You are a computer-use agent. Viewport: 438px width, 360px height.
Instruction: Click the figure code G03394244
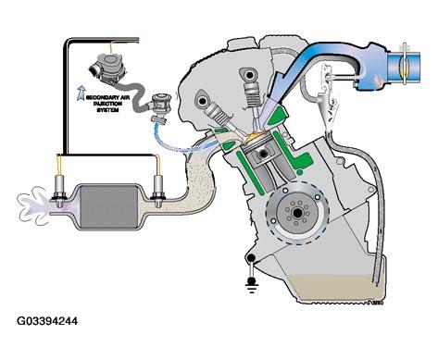click(x=47, y=321)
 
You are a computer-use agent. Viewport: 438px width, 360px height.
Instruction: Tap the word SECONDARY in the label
click(x=99, y=97)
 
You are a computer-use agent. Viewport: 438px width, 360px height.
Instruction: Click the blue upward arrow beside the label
click(x=81, y=93)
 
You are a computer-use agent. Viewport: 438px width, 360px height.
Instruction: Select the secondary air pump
click(x=107, y=68)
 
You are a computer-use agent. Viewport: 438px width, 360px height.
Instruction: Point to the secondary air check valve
click(x=160, y=106)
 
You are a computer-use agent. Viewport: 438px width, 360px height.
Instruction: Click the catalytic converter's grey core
click(x=108, y=207)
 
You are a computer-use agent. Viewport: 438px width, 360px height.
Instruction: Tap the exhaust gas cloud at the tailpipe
click(x=32, y=205)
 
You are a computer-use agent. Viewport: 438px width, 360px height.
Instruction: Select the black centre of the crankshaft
click(x=298, y=213)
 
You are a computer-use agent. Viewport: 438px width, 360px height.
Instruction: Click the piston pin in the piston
click(x=263, y=154)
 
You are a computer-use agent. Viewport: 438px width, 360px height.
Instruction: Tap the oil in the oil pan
click(x=335, y=287)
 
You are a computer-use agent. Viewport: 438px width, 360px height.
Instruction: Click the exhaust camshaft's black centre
click(x=203, y=101)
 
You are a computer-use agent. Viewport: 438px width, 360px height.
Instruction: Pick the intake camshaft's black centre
click(x=249, y=74)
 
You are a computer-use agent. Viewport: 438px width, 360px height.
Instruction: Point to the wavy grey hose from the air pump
click(x=136, y=95)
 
